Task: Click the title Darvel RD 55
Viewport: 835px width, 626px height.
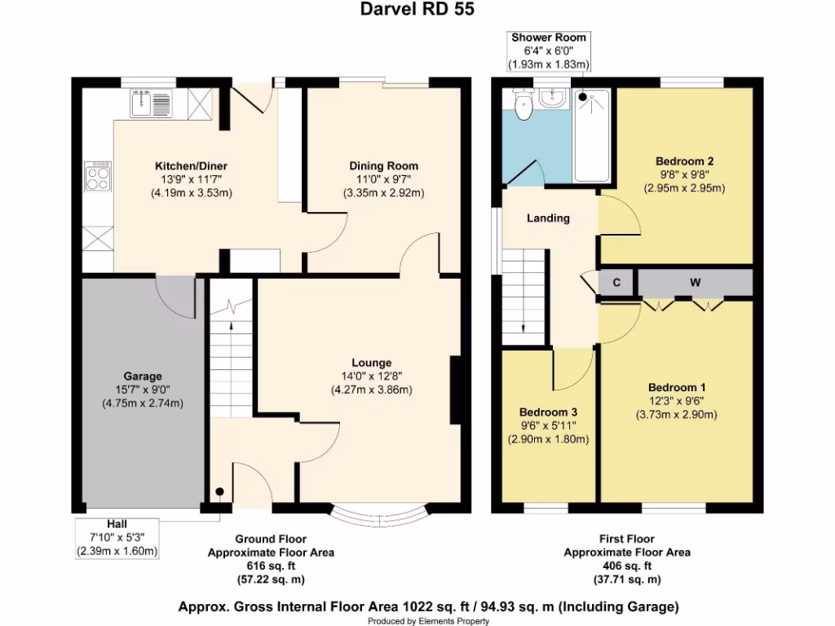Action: (417, 10)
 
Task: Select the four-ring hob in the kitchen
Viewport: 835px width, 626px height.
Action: (99, 177)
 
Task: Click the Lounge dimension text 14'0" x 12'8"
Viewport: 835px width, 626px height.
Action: (371, 376)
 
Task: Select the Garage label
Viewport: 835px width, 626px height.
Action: (143, 376)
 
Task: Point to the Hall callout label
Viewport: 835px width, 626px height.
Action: (116, 524)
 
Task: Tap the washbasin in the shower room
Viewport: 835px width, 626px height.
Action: (552, 99)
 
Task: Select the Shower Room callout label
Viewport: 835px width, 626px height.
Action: (548, 37)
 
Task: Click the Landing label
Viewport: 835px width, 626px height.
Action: (548, 218)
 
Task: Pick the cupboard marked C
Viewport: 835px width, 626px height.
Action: (616, 283)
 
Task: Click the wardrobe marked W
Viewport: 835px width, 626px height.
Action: (695, 283)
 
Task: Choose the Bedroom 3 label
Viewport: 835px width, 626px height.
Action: (548, 412)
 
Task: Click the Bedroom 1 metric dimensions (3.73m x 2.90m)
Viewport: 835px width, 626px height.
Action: (676, 415)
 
